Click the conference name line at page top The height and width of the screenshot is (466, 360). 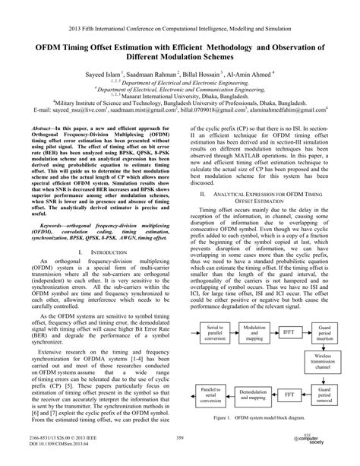[180, 7]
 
